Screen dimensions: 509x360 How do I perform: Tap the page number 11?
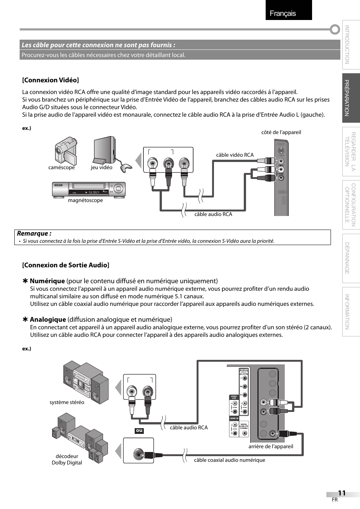pyautogui.click(x=342, y=493)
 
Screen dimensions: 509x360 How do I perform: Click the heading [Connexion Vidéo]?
pyautogui.click(x=50, y=80)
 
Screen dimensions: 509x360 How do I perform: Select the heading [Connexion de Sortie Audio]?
pyautogui.click(x=66, y=265)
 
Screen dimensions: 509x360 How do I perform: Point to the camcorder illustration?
pyautogui.click(x=66, y=150)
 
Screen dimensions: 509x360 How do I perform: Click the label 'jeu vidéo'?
pyautogui.click(x=102, y=168)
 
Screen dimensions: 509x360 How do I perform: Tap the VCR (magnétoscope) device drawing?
pyautogui.click(x=89, y=189)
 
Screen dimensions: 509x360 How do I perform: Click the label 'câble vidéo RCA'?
pyautogui.click(x=235, y=155)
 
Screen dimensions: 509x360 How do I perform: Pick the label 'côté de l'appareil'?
pyautogui.click(x=281, y=132)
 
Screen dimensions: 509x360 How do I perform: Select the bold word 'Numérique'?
pyautogui.click(x=47, y=281)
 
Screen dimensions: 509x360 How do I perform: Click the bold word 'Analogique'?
pyautogui.click(x=48, y=319)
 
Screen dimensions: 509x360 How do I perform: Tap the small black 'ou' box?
pyautogui.click(x=139, y=430)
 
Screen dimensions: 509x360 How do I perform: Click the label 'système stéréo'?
pyautogui.click(x=67, y=402)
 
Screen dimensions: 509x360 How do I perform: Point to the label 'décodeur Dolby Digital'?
pyautogui.click(x=67, y=459)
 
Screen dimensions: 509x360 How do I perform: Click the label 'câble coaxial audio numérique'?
pyautogui.click(x=229, y=460)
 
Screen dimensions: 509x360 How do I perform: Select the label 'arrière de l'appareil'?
pyautogui.click(x=271, y=446)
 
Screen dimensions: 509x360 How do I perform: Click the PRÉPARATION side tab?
pyautogui.click(x=351, y=98)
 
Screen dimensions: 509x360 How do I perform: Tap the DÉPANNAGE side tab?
pyautogui.click(x=351, y=258)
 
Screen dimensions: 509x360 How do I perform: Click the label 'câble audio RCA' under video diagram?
pyautogui.click(x=213, y=214)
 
